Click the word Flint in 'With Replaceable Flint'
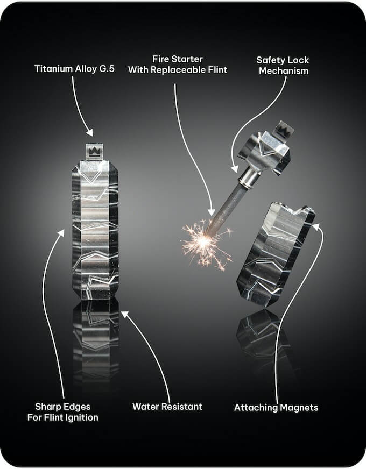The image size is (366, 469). (216, 70)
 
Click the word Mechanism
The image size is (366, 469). (284, 71)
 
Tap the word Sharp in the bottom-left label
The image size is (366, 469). (47, 407)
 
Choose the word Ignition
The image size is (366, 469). (83, 417)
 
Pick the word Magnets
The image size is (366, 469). (299, 407)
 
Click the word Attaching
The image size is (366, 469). (257, 408)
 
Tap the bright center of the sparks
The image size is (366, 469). (204, 239)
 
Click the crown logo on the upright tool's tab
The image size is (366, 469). (94, 151)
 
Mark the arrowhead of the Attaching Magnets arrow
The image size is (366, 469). (315, 226)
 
